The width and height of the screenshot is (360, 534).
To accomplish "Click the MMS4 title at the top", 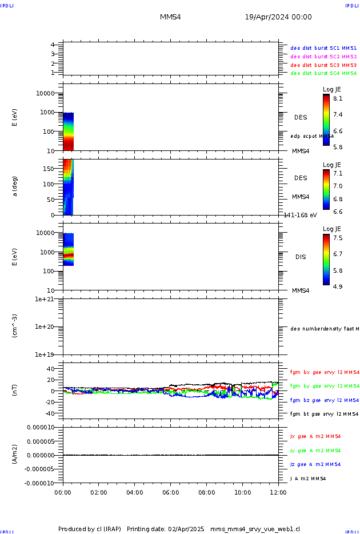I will [x=170, y=17].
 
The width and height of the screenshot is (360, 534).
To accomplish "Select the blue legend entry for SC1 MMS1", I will [x=323, y=48].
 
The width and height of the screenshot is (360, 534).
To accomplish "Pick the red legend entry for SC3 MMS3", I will [x=323, y=65].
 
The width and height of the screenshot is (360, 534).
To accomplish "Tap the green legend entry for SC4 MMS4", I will [x=323, y=73].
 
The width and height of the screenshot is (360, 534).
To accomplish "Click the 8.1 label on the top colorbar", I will [x=338, y=98].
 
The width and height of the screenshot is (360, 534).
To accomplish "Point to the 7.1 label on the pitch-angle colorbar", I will [x=338, y=173].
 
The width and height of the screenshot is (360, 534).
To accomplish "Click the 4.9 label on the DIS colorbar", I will [x=338, y=286].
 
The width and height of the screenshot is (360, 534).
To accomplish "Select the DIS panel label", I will [x=301, y=257].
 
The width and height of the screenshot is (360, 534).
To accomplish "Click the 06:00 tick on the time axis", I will [x=171, y=492].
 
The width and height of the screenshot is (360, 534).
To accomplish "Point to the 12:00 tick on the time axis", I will [x=278, y=492].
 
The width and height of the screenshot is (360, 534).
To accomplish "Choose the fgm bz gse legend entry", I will [x=324, y=400].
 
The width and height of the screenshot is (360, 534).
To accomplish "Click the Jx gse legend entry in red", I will [x=315, y=436].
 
